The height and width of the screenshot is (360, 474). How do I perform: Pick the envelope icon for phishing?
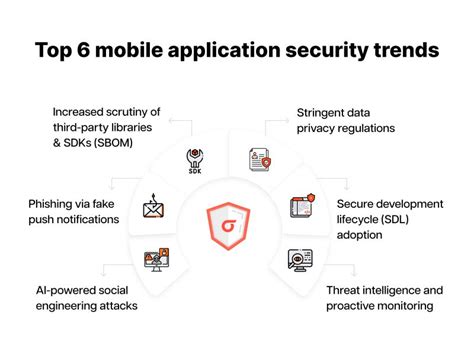152,209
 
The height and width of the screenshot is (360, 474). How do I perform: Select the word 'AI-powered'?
66,289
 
